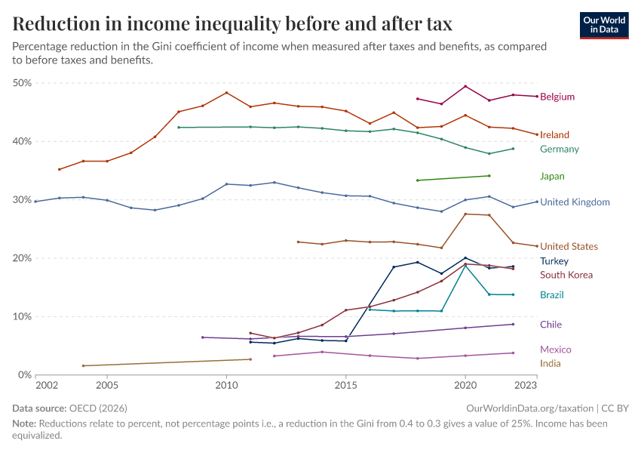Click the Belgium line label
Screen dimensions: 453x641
557,97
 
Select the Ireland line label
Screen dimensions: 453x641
554,135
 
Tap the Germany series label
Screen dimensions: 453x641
560,149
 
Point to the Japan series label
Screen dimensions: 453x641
552,177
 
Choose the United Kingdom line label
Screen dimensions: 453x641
575,202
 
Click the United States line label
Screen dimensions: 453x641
569,247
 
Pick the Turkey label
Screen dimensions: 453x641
554,261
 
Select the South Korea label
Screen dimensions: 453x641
566,276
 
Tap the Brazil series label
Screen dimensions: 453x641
552,295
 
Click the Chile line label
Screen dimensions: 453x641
551,325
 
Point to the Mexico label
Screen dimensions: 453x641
555,350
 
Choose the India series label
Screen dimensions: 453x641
551,364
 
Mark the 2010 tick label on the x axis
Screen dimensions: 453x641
226,386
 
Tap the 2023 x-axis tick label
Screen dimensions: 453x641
526,386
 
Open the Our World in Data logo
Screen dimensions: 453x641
603,24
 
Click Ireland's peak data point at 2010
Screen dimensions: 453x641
226,93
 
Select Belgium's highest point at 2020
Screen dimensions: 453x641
465,86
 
